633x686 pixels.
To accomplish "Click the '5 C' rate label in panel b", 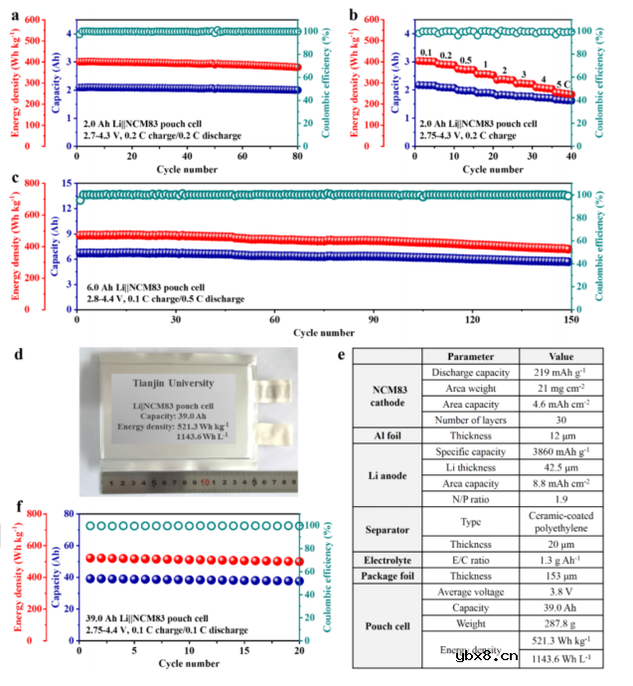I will (562, 85).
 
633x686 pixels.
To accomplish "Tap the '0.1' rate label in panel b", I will (426, 53).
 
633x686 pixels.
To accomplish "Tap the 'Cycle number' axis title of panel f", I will (188, 662).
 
